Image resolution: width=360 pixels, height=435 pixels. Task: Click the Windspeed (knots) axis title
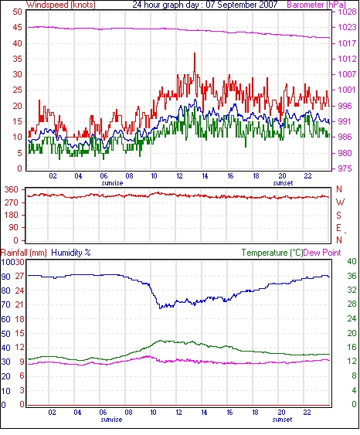pos(61,5)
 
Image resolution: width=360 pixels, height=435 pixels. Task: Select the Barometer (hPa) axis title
pos(316,5)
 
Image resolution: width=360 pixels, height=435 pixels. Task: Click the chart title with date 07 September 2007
pos(205,5)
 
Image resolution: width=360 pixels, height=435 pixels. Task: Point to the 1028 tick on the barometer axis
pos(347,12)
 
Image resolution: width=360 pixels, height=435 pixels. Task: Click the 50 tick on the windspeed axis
pos(17,12)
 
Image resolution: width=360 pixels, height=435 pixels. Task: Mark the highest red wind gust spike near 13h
pos(195,53)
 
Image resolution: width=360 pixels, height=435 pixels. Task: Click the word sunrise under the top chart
pos(112,183)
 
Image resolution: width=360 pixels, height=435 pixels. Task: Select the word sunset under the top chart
pos(283,183)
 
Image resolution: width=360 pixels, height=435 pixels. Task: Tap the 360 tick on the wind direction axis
pos(12,189)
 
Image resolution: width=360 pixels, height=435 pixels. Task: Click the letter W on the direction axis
pos(340,202)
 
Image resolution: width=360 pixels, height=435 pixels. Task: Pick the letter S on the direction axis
pos(338,215)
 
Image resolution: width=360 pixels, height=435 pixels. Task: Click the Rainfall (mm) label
pos(24,253)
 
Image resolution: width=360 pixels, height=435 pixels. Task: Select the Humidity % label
pos(71,253)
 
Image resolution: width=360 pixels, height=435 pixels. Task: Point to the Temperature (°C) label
pos(272,253)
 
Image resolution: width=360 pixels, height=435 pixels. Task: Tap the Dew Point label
pos(322,253)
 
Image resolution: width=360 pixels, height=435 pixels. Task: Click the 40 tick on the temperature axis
pos(352,261)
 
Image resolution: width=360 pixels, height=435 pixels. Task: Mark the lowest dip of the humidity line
pos(160,308)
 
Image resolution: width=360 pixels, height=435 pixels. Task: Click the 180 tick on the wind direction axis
pos(12,215)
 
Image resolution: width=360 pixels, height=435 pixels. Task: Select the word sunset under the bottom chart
pos(282,420)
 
